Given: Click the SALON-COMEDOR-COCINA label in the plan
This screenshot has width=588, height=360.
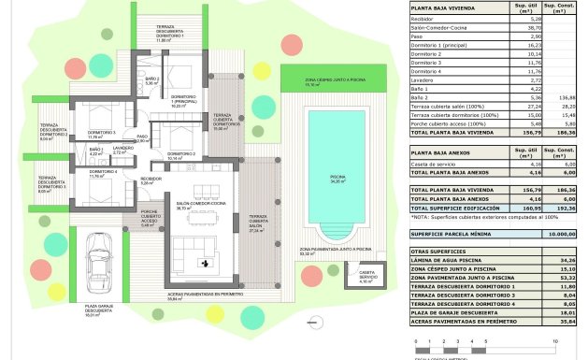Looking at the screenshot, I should pos(195,206).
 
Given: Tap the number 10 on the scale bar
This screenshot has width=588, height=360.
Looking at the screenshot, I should pos(555,342).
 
